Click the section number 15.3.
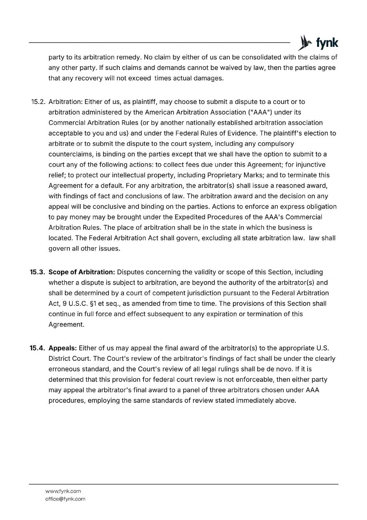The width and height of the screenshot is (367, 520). click(37, 272)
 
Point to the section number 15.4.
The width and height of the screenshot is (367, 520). click(37, 348)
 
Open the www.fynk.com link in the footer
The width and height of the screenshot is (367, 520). click(63, 491)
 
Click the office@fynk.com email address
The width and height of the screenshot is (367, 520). click(65, 499)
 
